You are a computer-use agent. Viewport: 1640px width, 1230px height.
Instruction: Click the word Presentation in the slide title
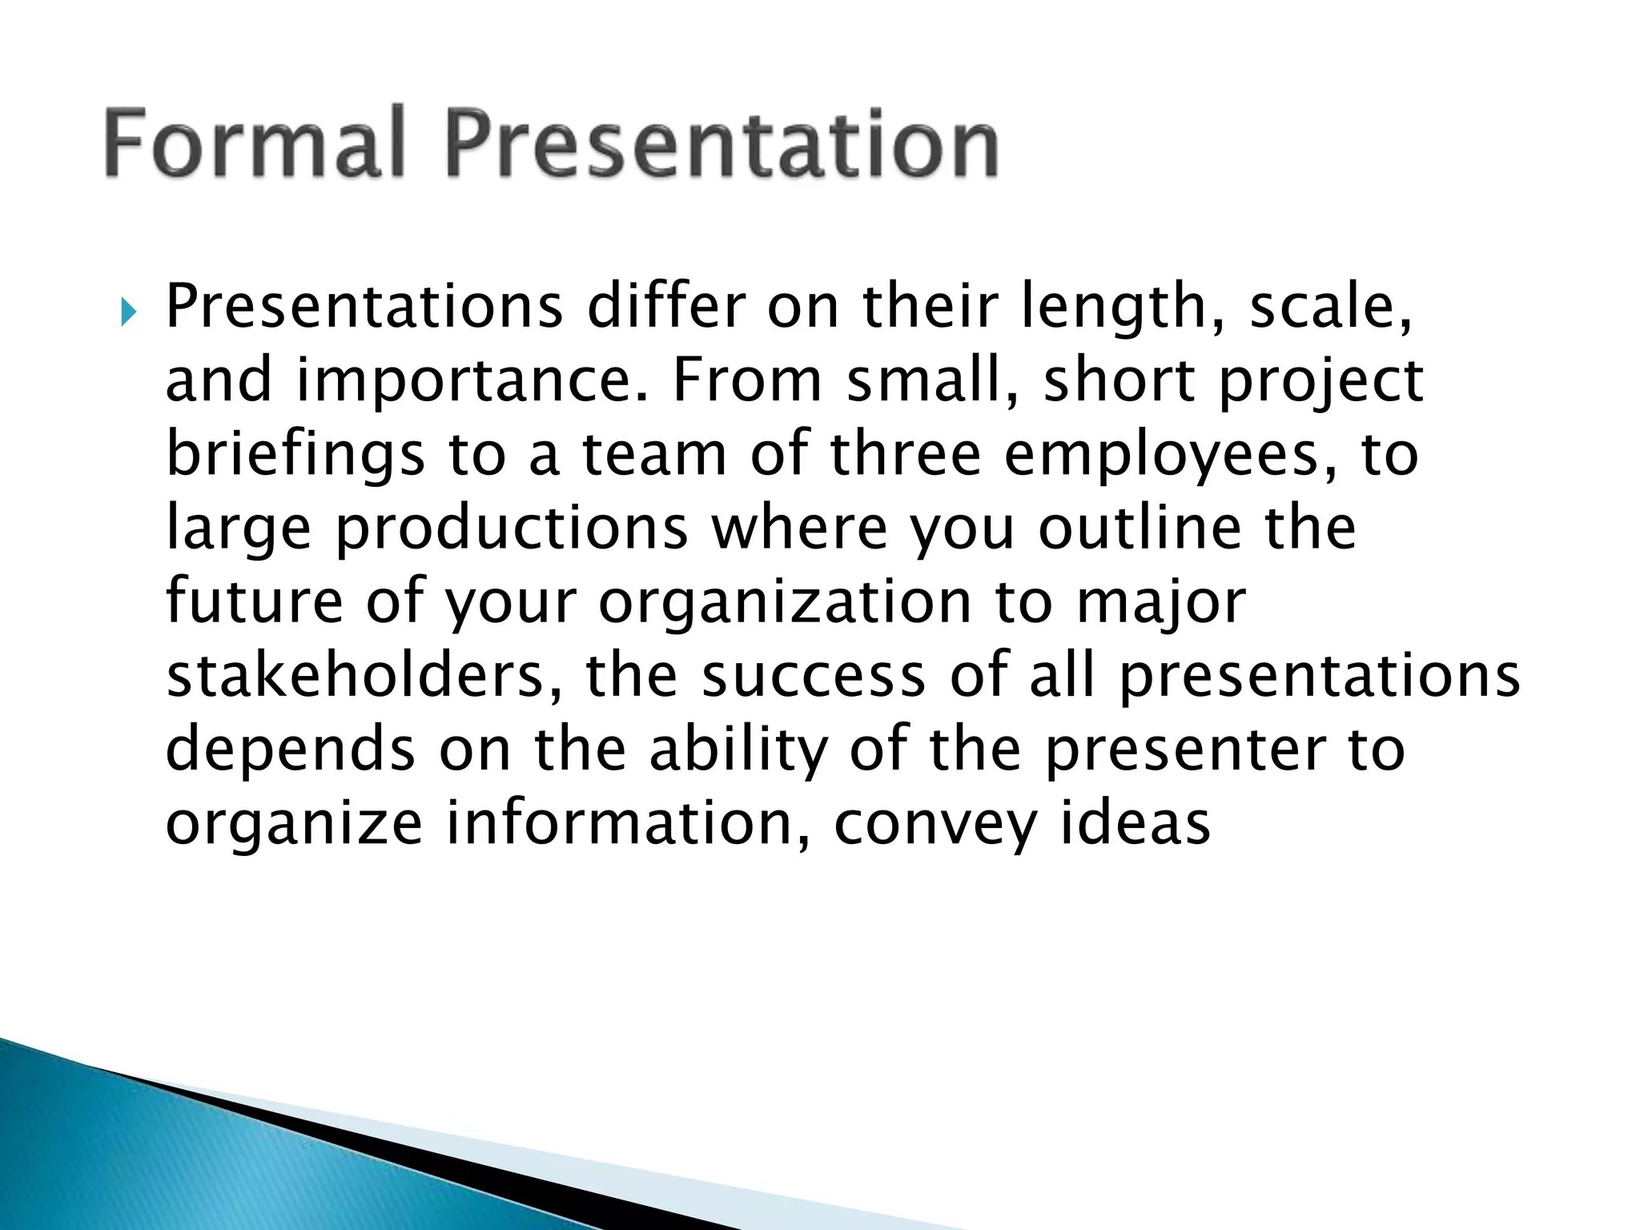[x=722, y=145]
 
